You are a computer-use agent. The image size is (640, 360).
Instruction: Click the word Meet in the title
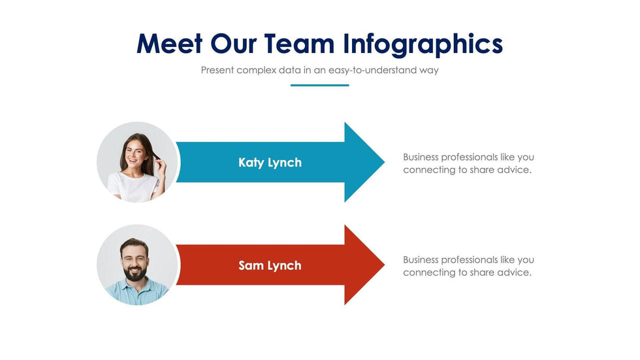[x=169, y=43]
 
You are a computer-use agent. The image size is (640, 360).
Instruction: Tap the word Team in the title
[x=300, y=43]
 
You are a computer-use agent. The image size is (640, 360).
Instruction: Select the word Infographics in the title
[x=423, y=45]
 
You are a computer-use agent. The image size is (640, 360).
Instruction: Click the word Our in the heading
[x=234, y=43]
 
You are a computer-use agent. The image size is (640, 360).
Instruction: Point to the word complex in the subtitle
[x=256, y=70]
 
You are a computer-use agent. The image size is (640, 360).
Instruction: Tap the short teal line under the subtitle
[x=319, y=86]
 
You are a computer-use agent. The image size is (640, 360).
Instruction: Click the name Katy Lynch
[x=270, y=163]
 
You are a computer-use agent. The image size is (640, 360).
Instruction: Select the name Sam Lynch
[x=270, y=265]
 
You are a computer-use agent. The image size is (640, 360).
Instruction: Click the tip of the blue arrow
[x=385, y=162]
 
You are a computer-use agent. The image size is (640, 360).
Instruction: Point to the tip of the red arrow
[x=385, y=265]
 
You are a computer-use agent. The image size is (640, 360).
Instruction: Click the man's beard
[x=135, y=272]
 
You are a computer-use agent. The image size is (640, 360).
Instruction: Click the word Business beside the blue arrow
[x=421, y=157]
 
